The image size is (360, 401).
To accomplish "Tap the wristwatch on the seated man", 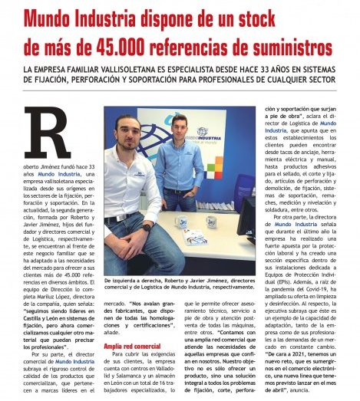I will click(x=146, y=228).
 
